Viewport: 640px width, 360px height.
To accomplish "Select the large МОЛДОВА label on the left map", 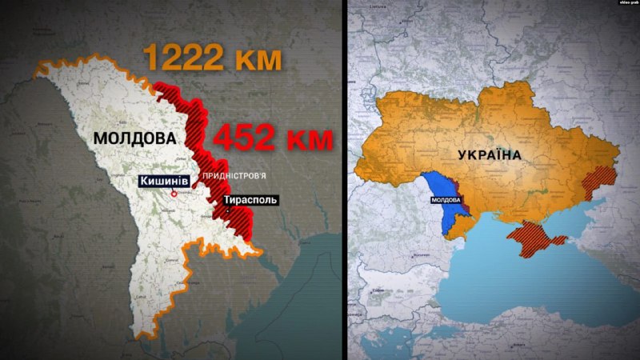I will (x=134, y=138).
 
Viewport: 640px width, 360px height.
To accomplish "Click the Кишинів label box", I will (x=166, y=182).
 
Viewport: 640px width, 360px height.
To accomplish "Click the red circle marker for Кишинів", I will (x=172, y=193).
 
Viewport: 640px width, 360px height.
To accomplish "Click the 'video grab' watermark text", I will (x=627, y=4).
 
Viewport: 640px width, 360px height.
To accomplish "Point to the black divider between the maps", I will (x=346, y=180).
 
